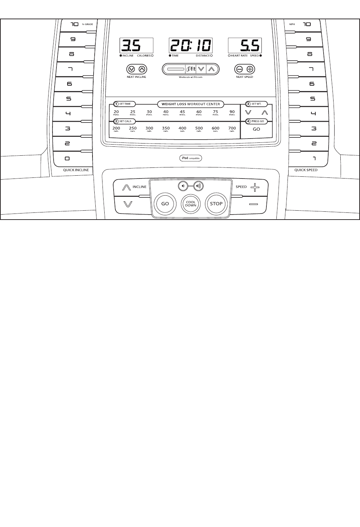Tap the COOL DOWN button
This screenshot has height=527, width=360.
[191, 204]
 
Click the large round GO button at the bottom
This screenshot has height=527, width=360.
[165, 204]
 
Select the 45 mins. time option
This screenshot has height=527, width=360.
[182, 113]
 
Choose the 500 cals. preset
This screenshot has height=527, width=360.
[199, 129]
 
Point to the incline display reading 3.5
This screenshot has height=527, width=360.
[136, 46]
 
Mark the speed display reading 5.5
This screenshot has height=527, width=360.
[245, 46]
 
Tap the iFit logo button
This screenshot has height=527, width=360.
[191, 69]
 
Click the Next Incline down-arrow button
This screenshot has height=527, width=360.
[131, 69]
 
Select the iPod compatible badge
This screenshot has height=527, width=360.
[191, 158]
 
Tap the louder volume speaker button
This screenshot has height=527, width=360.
[198, 186]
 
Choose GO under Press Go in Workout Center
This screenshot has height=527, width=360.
[256, 129]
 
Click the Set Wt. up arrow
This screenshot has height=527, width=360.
[265, 112]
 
